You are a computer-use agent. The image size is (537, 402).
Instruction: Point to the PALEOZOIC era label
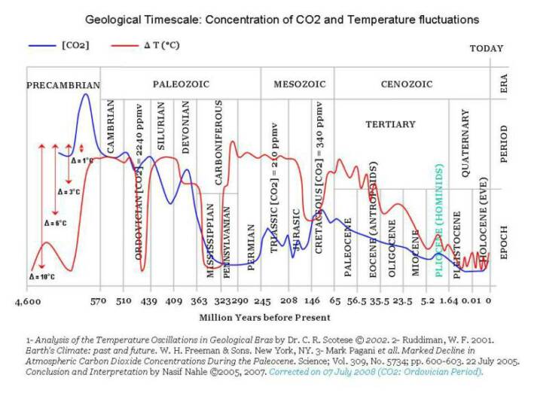pos(180,84)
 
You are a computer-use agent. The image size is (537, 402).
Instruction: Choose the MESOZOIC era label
pos(299,84)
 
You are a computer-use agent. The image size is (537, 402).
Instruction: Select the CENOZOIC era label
pos(407,84)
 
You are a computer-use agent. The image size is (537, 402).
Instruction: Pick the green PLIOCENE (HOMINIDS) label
pos(440,221)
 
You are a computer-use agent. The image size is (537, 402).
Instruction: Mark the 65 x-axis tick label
pos(334,301)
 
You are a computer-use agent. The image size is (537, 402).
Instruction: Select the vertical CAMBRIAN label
pos(111,127)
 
